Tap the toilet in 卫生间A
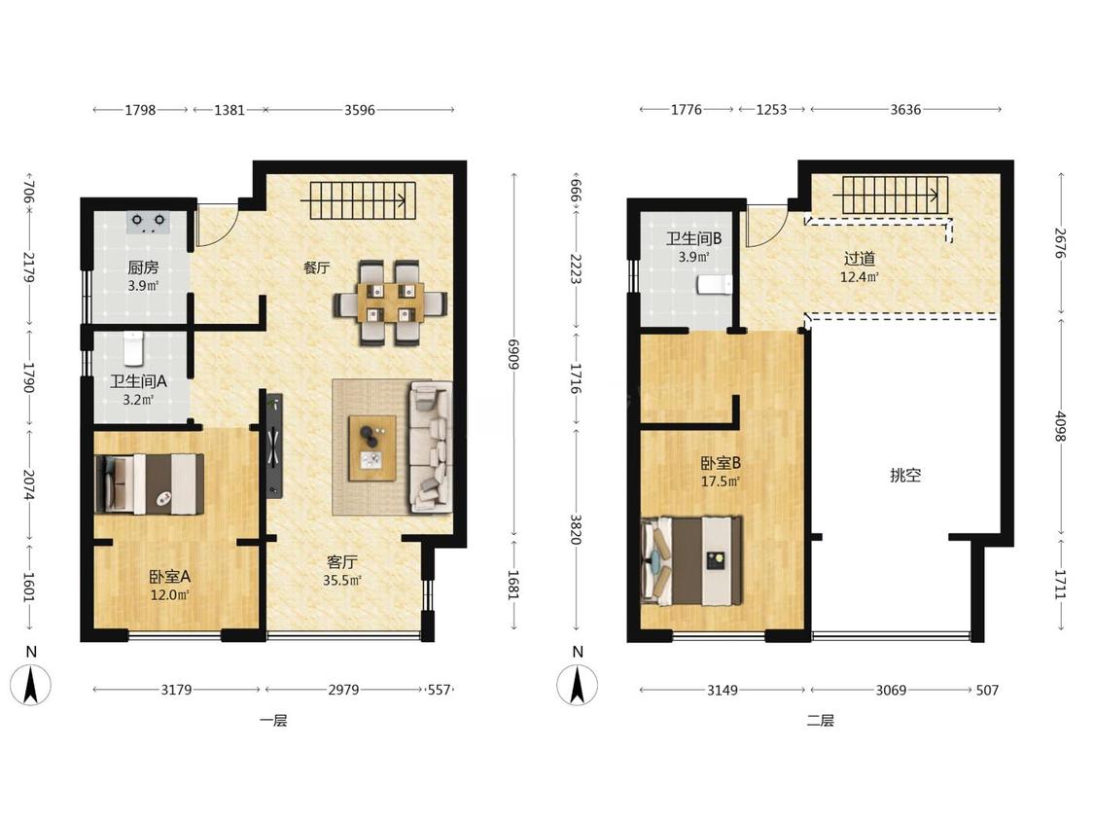tap(133, 347)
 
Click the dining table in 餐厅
tap(391, 303)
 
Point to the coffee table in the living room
tap(372, 448)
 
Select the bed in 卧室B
tap(691, 561)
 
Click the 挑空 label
tap(905, 476)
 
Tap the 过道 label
tap(859, 259)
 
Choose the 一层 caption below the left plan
tap(273, 721)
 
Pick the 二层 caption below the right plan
tap(821, 721)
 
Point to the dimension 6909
tap(513, 355)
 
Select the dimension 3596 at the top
tap(359, 110)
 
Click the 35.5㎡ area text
tap(342, 580)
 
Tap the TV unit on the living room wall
tap(272, 446)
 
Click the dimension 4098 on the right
tap(1061, 426)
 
